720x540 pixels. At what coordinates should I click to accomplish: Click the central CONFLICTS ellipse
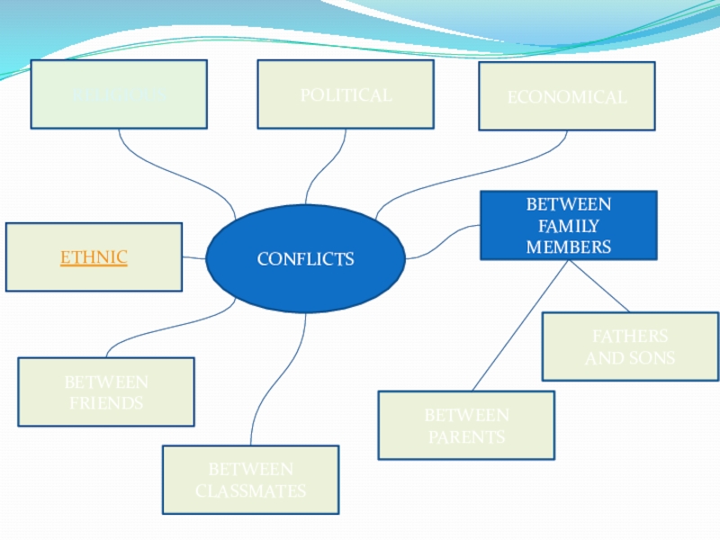pyautogui.click(x=305, y=259)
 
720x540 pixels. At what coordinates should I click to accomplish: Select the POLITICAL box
pyautogui.click(x=346, y=94)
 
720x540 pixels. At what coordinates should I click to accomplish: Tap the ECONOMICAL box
pyautogui.click(x=566, y=96)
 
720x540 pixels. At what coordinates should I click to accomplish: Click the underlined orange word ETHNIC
pyautogui.click(x=94, y=258)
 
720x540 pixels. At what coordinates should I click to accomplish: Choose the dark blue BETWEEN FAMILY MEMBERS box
pyautogui.click(x=568, y=225)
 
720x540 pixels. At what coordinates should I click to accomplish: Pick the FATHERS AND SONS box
pyautogui.click(x=630, y=346)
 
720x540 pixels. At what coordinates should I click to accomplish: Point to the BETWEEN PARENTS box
pyautogui.click(x=466, y=426)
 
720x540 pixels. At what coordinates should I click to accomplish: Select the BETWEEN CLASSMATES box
pyautogui.click(x=250, y=480)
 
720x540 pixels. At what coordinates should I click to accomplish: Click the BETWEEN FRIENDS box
pyautogui.click(x=106, y=392)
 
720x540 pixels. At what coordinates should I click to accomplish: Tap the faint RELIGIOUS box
pyautogui.click(x=119, y=94)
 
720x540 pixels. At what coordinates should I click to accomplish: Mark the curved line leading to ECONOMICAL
pyautogui.click(x=468, y=171)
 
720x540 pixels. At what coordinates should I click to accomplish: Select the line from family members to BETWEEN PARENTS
pyautogui.click(x=520, y=324)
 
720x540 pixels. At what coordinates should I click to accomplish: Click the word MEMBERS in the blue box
pyautogui.click(x=568, y=246)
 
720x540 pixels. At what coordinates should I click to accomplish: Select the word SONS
pyautogui.click(x=652, y=358)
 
